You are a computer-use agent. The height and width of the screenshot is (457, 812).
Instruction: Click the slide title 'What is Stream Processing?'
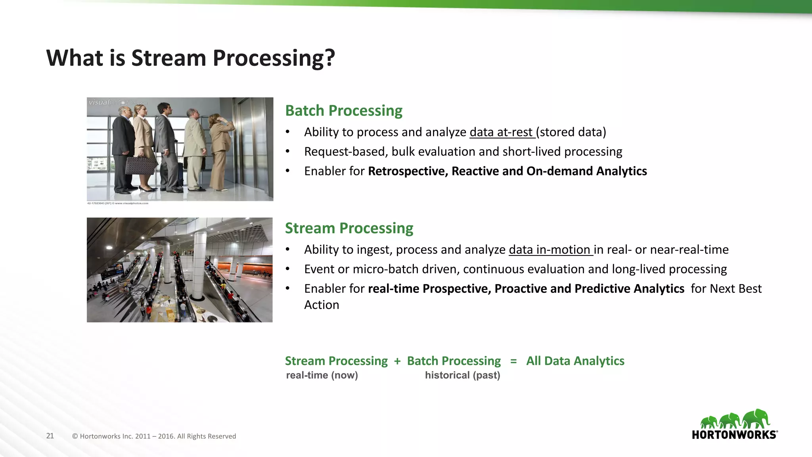[x=190, y=58]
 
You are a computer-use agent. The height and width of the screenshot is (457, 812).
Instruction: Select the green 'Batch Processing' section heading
[x=344, y=111]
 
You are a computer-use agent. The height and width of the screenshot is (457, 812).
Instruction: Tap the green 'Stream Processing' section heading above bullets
[x=349, y=228]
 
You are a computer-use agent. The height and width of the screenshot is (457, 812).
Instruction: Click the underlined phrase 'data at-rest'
[x=501, y=132]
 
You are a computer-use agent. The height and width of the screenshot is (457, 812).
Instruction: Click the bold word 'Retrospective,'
[x=408, y=171]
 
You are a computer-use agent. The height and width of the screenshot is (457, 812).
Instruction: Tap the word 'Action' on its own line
[x=322, y=305]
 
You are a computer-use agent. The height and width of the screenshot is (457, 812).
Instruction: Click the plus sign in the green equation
[x=397, y=361]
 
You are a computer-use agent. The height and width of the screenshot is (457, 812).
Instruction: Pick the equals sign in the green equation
[x=513, y=361]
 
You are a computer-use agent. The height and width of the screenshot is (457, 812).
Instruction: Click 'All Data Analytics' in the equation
[x=575, y=361]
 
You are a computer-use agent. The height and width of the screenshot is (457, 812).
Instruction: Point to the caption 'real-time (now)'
[x=322, y=375]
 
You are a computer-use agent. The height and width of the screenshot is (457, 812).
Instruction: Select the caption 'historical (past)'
[x=462, y=375]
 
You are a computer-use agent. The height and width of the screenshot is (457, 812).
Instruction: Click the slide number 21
[x=50, y=436]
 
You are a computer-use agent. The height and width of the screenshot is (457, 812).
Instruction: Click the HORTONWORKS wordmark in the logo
[x=734, y=435]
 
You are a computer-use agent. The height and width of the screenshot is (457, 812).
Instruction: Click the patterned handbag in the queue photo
[x=140, y=165]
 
